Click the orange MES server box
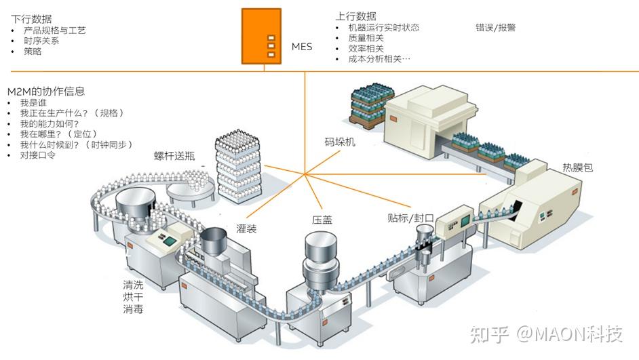261,35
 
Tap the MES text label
302,47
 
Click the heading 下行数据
31,19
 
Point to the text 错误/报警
495,28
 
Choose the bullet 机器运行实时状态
383,28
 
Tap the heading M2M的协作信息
45,91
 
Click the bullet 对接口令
38,155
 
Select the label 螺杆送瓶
174,156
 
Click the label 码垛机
340,142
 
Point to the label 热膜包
577,167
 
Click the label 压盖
322,220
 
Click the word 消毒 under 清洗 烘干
133,310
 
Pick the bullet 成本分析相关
379,59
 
